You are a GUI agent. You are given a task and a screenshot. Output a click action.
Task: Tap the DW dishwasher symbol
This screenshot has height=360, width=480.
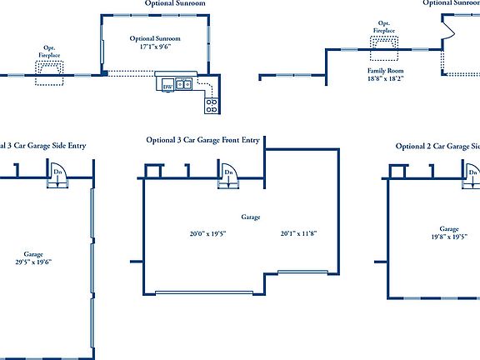point(167,85)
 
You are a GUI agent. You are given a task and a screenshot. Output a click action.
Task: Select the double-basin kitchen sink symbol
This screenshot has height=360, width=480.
point(184,84)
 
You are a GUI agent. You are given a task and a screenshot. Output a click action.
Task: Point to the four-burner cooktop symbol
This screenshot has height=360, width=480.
point(212,105)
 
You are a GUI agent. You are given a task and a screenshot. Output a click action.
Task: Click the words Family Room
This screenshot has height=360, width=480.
point(386,72)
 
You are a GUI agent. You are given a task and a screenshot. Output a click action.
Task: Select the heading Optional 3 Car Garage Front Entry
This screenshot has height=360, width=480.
point(203,140)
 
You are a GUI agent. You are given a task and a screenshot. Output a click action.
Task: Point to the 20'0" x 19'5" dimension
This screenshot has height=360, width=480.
point(207,233)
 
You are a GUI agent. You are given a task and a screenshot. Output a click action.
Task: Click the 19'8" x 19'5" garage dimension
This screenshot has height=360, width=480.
point(448,237)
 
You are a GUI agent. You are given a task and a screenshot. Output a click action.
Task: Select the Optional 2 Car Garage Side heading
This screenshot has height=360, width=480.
point(437,146)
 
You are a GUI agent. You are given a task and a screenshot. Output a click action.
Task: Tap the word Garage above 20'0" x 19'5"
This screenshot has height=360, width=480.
point(251,217)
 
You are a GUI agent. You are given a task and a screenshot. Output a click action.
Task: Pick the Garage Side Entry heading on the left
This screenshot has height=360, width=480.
point(43,145)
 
